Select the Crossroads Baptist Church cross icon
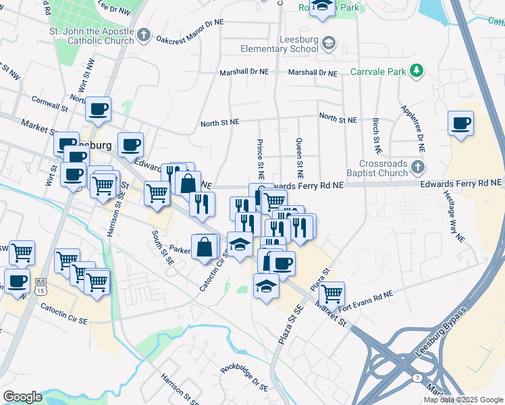click(x=418, y=166)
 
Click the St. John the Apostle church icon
click(x=143, y=35)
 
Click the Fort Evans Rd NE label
click(x=365, y=296)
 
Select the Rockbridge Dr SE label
click(x=244, y=379)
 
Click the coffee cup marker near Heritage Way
click(x=461, y=124)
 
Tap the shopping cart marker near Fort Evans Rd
click(x=331, y=294)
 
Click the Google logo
click(x=22, y=397)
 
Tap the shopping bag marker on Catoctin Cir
click(x=205, y=246)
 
